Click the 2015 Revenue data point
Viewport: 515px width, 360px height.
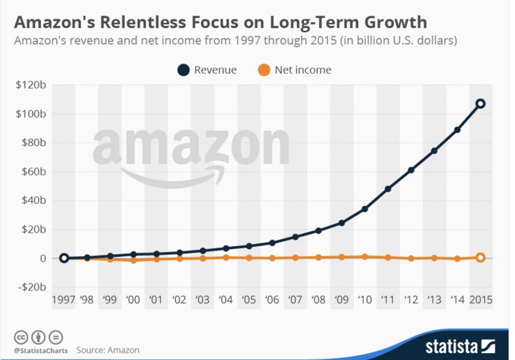(x=481, y=104)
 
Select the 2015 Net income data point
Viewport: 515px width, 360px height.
(x=481, y=258)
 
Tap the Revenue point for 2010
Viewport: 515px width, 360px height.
(x=365, y=209)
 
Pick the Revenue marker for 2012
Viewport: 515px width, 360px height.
(x=411, y=170)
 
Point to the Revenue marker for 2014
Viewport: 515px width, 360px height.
(x=457, y=130)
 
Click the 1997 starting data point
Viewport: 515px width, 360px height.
(x=64, y=258)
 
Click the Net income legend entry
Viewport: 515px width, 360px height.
(x=292, y=70)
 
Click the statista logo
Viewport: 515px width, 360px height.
(x=457, y=346)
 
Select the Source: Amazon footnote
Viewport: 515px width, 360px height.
(x=108, y=350)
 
